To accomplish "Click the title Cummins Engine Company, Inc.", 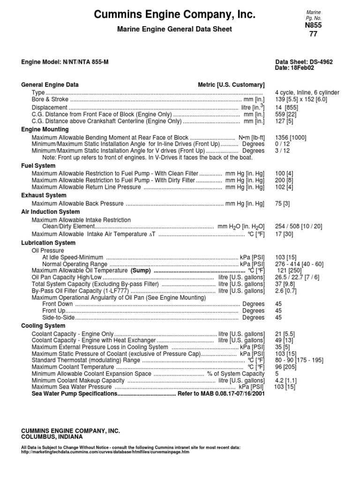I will tap(175, 15).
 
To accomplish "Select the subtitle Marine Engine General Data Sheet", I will tap(174, 30).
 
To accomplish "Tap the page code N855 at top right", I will tap(314, 25).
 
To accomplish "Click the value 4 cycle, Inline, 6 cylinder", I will tap(307, 93).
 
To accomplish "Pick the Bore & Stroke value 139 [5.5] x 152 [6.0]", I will tap(301, 99).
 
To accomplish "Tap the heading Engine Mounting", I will tap(45, 129).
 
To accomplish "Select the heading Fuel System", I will tap(38, 166).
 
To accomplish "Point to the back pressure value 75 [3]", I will tap(282, 203).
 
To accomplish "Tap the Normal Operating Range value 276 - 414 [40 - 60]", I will tap(299, 264).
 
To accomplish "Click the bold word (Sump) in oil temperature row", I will tap(141, 271).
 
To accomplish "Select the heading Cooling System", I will tap(43, 325).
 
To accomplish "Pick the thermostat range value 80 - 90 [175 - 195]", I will tap(299, 360).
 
